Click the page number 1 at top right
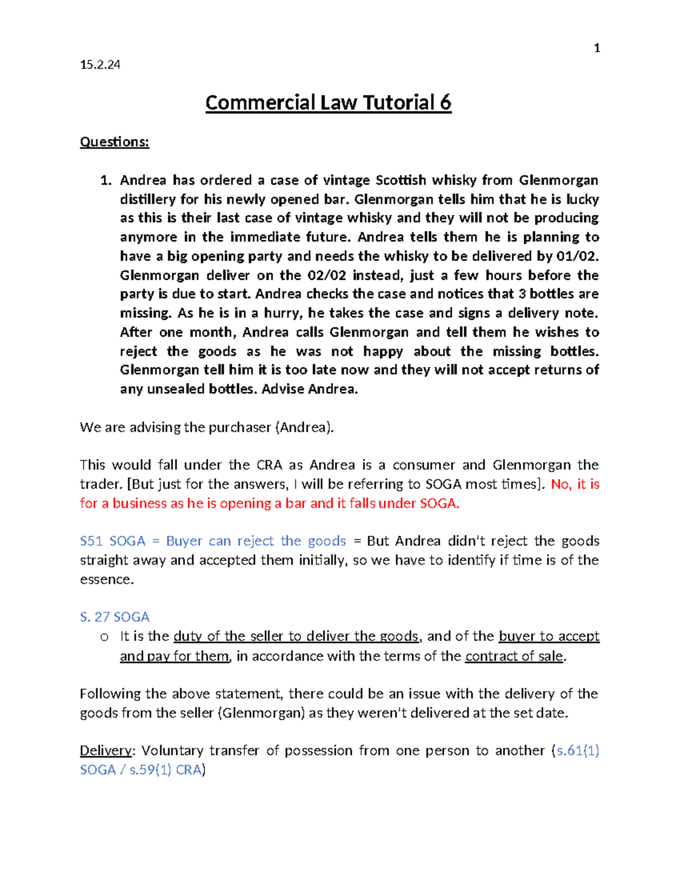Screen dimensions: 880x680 (596, 48)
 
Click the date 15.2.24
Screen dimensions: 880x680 (100, 65)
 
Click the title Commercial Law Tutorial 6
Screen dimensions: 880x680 (328, 103)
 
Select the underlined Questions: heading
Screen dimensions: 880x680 (114, 142)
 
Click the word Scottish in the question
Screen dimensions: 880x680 (401, 180)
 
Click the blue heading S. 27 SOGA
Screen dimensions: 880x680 (114, 617)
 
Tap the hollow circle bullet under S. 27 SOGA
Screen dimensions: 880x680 (104, 637)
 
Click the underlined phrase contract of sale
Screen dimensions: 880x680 (514, 656)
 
